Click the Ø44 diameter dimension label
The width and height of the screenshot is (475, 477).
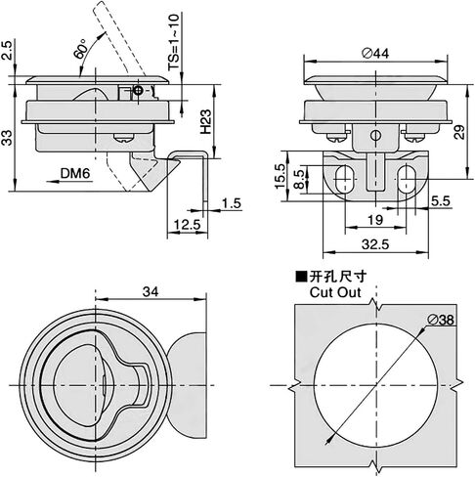375,53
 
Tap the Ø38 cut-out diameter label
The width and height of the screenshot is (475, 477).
440,320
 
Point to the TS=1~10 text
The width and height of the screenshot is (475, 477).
174,42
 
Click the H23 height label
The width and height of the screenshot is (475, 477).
206,121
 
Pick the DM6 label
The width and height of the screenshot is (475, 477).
75,173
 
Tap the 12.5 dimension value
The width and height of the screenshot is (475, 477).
187,225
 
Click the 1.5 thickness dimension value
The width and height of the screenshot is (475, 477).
232,203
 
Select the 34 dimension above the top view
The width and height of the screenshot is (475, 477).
151,291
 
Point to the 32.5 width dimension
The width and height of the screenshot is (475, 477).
375,244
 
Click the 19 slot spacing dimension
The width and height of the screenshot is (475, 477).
375,220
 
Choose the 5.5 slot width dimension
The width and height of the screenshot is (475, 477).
441,201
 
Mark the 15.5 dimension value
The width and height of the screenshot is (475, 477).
280,176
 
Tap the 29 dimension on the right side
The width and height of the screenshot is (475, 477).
459,131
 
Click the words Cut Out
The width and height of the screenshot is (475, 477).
335,292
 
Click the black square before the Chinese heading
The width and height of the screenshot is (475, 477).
301,277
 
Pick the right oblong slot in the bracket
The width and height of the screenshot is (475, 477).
406,179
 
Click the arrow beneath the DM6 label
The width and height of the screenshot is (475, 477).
69,182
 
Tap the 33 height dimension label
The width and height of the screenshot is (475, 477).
8,138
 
